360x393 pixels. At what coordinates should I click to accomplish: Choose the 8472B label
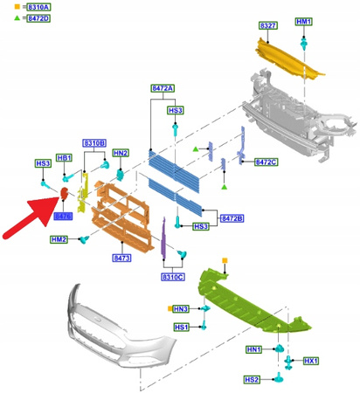(232, 217)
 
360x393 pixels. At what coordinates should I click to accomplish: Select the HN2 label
(121, 153)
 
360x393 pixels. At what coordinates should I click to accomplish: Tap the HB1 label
(64, 158)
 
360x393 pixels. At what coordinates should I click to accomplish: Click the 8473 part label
(121, 259)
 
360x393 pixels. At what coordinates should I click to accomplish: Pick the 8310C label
(172, 277)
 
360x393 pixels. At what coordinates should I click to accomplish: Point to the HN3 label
(181, 309)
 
